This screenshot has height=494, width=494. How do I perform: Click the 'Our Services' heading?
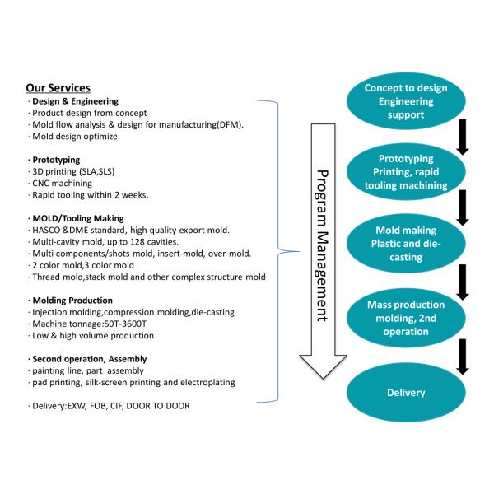click(x=58, y=88)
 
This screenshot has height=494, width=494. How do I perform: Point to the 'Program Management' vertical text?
click(x=323, y=239)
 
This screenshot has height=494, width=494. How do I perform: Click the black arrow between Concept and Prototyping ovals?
click(x=463, y=137)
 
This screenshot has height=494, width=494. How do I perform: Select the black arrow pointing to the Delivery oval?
click(x=463, y=356)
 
